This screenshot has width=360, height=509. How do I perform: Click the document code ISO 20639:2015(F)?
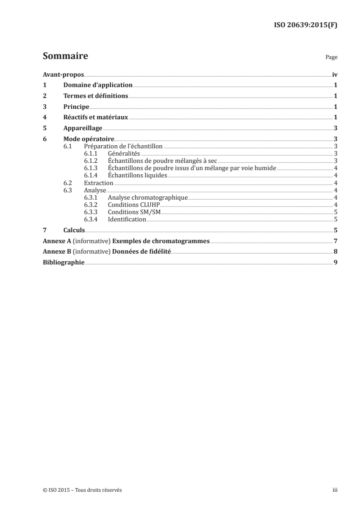(306, 25)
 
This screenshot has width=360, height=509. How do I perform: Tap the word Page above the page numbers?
(331, 58)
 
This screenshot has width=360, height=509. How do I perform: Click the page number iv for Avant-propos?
(335, 74)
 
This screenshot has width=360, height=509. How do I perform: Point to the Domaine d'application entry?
(98, 85)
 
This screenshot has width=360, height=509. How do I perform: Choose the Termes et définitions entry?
(96, 96)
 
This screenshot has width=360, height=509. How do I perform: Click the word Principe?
(76, 107)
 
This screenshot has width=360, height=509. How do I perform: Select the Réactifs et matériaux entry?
(96, 117)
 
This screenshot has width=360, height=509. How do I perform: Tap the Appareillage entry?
(83, 128)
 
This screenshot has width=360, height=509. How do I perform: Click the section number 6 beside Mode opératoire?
(44, 139)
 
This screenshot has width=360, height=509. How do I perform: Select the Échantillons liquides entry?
(138, 176)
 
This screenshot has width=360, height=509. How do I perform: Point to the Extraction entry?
(99, 183)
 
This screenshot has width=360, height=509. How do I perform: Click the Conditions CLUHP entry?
(131, 205)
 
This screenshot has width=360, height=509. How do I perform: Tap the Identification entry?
(127, 219)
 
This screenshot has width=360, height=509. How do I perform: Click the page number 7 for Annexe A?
(335, 241)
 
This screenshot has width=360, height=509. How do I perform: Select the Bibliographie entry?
(63, 263)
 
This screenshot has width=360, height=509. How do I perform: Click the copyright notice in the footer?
(82, 490)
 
